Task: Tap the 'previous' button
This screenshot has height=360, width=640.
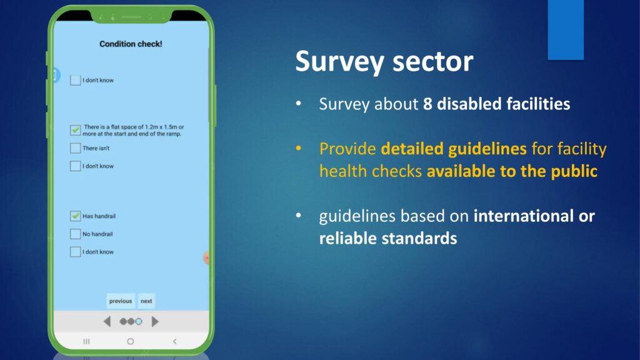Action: [x=121, y=301]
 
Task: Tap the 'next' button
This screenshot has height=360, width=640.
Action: [x=146, y=301]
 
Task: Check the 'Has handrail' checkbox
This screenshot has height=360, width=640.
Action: [x=75, y=216]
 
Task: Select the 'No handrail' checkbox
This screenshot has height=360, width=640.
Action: [x=75, y=234]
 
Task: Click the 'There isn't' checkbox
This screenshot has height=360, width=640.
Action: [x=75, y=147]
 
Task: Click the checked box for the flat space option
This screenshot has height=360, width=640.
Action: [x=75, y=130]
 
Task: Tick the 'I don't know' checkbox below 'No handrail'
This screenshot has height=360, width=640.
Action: [x=75, y=252]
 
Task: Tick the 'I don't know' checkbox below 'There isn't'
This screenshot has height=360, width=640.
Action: [x=75, y=166]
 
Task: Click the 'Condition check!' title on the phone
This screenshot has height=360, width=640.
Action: [x=131, y=44]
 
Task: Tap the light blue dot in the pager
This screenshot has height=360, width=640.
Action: [x=139, y=322]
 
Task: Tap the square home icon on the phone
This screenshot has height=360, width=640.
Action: [x=130, y=341]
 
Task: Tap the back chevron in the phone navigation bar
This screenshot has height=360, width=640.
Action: [x=175, y=341]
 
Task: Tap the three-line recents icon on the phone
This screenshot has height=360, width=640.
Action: [x=86, y=341]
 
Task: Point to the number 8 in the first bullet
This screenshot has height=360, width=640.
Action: [x=427, y=104]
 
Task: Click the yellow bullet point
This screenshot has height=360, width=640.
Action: [x=299, y=149]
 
